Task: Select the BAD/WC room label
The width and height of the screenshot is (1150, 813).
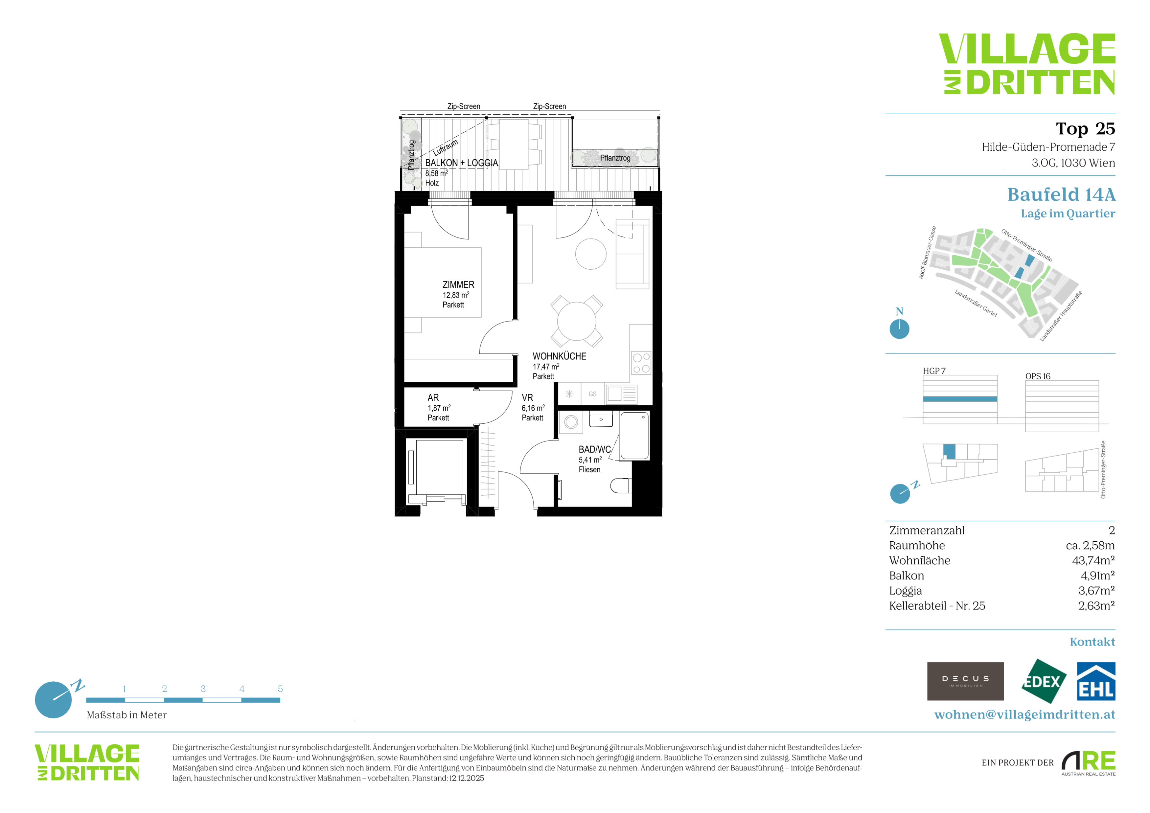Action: point(594,450)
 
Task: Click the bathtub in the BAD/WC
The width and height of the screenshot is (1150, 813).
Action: point(634,436)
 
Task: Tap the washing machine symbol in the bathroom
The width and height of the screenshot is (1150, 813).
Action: point(571,422)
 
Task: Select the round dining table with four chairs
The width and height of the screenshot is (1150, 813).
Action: point(577,321)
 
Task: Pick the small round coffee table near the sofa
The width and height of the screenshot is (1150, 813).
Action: point(591,254)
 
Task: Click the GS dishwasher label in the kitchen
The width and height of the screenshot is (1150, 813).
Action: point(592,394)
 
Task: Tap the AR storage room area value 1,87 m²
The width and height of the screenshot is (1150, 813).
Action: point(439,408)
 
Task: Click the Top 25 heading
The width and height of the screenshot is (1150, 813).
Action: point(1085,129)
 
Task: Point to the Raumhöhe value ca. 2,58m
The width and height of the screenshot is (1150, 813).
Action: point(1091,545)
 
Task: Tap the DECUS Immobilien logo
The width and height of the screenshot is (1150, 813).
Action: point(965,681)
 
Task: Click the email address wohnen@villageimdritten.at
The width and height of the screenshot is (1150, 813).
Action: point(1025,714)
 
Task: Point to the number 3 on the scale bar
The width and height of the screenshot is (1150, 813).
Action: point(203,689)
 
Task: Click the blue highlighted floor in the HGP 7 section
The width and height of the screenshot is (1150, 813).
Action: point(960,399)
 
